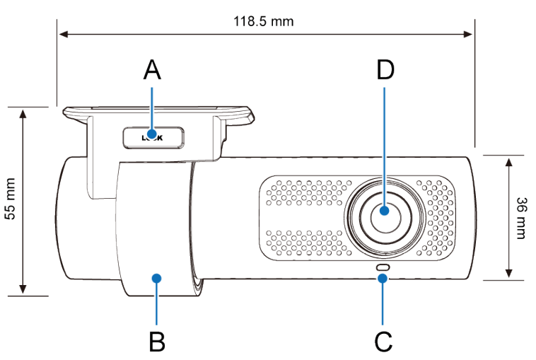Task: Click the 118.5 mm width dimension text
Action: coord(263,21)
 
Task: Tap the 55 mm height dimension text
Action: coord(11,200)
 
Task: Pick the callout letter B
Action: coord(157,341)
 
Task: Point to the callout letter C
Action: coord(383,341)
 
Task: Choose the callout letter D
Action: coord(385,71)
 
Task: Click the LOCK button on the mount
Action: coord(152,137)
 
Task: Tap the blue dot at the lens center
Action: coord(384,210)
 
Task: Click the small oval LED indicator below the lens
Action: coord(383,267)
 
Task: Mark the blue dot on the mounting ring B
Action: coord(157,278)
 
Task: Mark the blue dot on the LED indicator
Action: coord(383,278)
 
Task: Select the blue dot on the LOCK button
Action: coord(152,134)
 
